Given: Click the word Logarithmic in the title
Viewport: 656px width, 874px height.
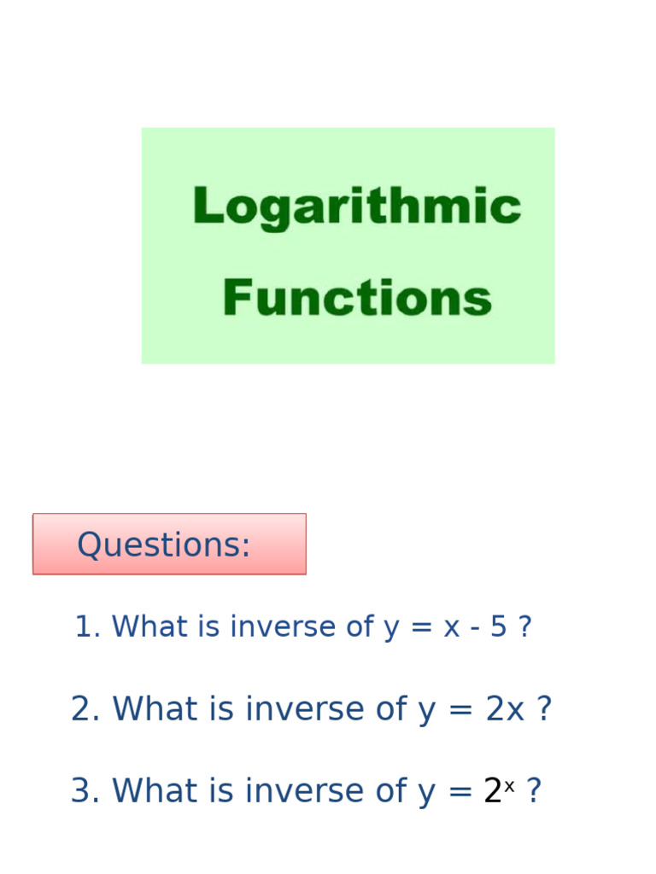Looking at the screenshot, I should click(356, 207).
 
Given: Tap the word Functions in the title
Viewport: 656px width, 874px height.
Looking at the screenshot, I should click(357, 298).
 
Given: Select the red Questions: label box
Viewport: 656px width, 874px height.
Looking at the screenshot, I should click(169, 545).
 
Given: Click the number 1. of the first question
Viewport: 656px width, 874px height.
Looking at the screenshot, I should click(88, 626).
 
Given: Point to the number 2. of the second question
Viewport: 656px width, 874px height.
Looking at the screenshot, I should click(86, 709).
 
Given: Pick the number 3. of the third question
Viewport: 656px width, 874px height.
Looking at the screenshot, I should click(86, 791).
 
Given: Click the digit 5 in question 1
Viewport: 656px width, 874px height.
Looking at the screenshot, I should click(498, 626).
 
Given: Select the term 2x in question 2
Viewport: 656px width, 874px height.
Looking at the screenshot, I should click(505, 709).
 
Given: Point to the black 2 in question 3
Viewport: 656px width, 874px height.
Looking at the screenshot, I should click(493, 791).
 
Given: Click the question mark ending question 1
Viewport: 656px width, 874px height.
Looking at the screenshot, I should click(524, 626).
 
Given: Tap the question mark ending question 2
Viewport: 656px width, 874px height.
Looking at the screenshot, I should click(543, 709).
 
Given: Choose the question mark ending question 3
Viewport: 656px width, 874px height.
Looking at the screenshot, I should click(533, 791).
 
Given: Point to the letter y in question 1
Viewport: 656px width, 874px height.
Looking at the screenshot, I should click(391, 628).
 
